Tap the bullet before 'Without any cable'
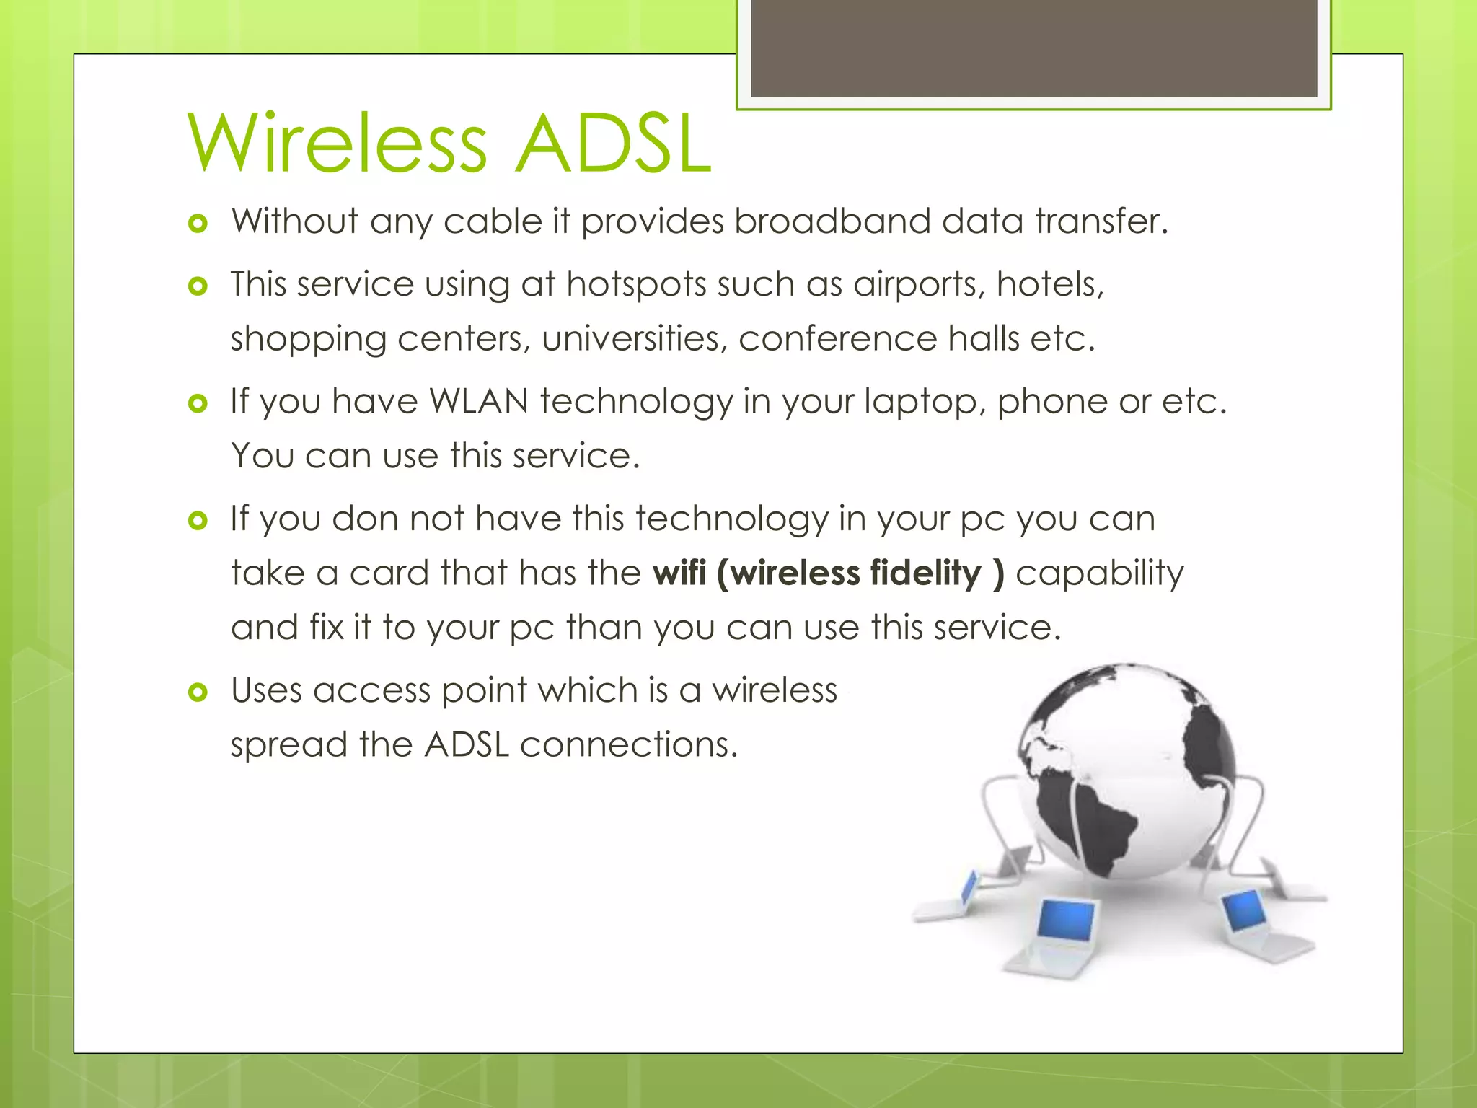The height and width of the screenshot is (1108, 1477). [198, 224]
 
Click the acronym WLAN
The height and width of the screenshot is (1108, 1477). [479, 401]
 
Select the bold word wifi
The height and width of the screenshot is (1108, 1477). [679, 573]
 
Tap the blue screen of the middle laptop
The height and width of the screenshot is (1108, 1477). [1066, 920]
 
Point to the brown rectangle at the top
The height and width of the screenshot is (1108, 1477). [1033, 48]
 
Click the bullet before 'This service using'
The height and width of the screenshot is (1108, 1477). [198, 287]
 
